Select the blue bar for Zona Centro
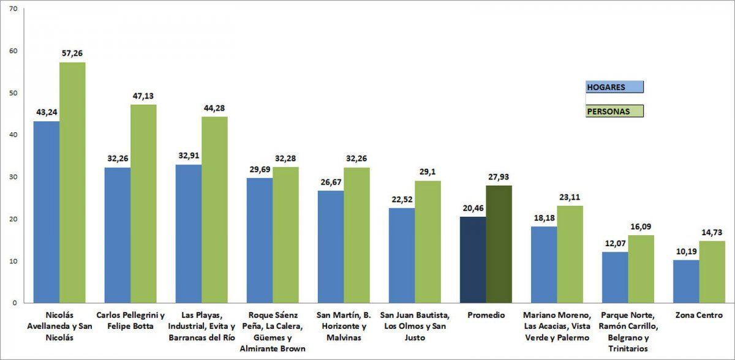pos(686,282)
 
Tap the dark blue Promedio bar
pos(473,260)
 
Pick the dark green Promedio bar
pos(499,244)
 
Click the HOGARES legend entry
pos(614,87)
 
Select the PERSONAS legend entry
pos(614,111)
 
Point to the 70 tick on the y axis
pos(14,9)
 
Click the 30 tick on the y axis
pos(14,177)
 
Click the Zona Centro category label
pos(699,315)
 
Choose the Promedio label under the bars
pos(485,315)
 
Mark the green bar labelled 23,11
pos(570,254)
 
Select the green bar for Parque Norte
pos(641,269)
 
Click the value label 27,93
pos(499,176)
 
